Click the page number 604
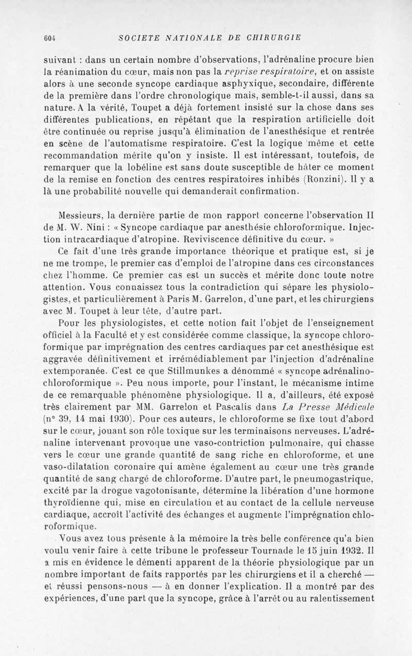[x=49, y=37]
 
